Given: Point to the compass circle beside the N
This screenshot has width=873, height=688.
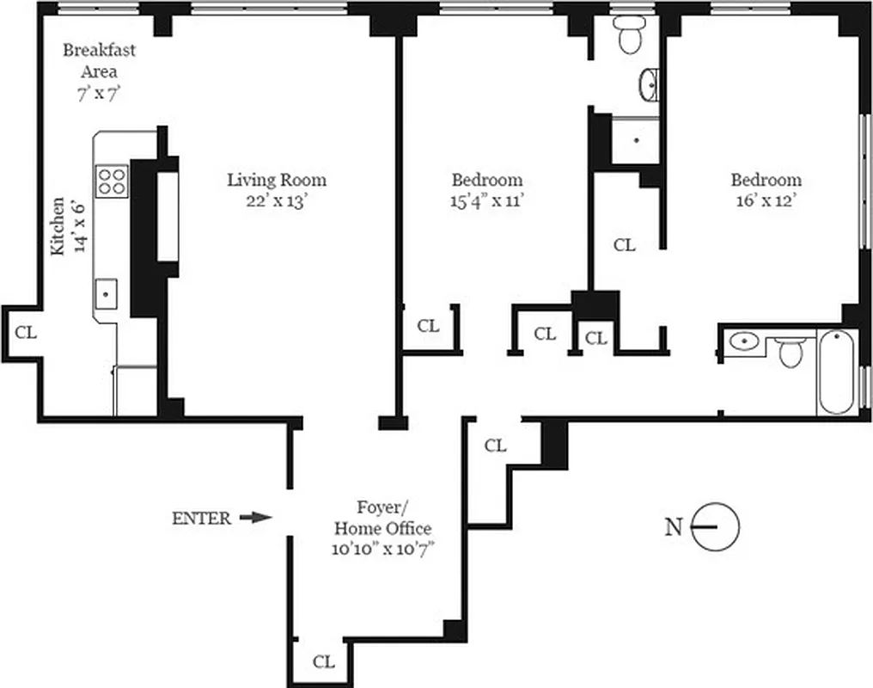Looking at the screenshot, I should (x=717, y=526).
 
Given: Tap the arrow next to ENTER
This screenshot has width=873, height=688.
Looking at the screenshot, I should (x=255, y=518).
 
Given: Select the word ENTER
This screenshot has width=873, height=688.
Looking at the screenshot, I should (x=201, y=518).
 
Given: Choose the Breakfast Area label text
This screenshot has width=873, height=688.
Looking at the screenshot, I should (x=99, y=60).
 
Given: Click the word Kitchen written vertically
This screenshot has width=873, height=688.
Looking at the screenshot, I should (x=57, y=225).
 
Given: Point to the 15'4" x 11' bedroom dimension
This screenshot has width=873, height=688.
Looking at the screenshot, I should (x=487, y=202).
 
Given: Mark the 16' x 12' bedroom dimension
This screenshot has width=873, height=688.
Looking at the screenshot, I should (x=766, y=202).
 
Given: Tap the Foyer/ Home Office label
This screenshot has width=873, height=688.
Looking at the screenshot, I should (x=382, y=519).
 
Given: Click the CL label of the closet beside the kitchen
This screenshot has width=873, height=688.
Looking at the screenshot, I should (x=27, y=331).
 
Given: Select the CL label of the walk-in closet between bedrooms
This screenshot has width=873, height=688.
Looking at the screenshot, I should (x=625, y=245).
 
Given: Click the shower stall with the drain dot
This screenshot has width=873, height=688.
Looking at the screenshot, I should (x=636, y=140).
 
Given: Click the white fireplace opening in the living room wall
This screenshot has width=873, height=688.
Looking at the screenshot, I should (x=168, y=216).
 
